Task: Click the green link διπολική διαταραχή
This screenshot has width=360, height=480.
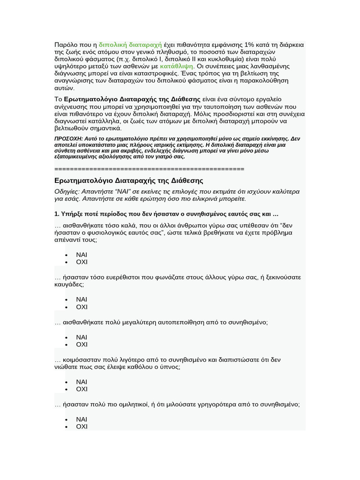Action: [130, 45]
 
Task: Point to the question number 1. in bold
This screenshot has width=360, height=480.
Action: [57, 214]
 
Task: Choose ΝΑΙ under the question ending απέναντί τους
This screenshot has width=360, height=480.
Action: [82, 255]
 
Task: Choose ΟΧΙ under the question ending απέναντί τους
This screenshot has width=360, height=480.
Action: [82, 262]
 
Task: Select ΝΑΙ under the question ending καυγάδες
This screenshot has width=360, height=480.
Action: [82, 300]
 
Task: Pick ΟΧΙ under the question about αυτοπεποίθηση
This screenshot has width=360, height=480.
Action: [82, 345]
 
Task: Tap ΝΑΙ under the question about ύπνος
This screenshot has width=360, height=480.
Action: [82, 382]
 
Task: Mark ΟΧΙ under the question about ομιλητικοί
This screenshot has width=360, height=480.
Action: [82, 427]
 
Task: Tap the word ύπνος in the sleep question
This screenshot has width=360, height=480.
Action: [170, 367]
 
